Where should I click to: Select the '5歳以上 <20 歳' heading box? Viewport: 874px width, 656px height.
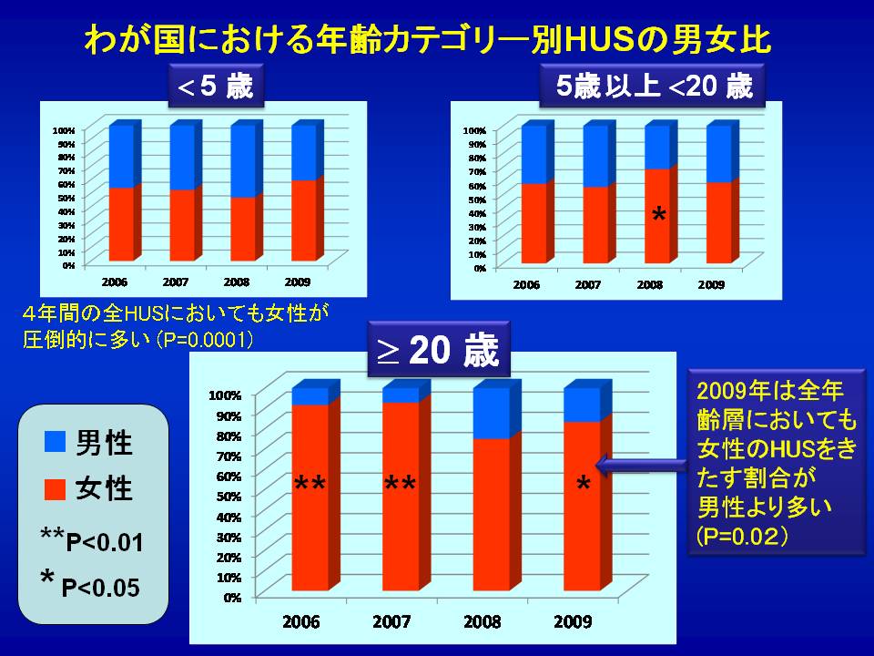[x=653, y=87]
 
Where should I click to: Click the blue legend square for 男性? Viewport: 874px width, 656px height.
[x=56, y=442]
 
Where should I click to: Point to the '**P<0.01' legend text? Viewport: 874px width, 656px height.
[x=92, y=540]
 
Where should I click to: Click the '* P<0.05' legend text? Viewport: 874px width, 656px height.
[x=90, y=584]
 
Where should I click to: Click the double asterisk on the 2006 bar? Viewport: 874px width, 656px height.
[x=310, y=487]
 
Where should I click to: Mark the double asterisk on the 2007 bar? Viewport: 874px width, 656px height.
[x=400, y=487]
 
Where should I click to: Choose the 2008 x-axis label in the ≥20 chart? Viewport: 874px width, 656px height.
[x=483, y=622]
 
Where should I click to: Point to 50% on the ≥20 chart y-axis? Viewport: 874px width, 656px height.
[x=227, y=497]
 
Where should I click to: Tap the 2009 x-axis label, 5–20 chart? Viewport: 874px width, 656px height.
[x=711, y=285]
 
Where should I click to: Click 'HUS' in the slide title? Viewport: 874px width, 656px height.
[x=602, y=41]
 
